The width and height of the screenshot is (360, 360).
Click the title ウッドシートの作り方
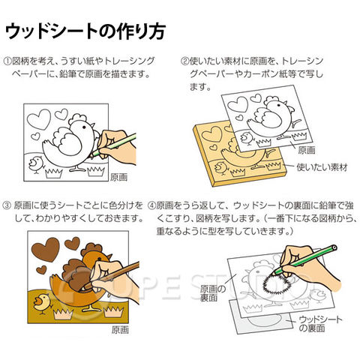pyautogui.click(x=85, y=31)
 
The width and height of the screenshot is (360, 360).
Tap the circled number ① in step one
pyautogui.click(x=7, y=61)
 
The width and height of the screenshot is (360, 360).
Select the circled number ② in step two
pyautogui.click(x=184, y=61)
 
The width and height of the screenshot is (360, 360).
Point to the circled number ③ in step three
pyautogui.click(x=7, y=205)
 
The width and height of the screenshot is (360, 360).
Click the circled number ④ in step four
pyautogui.click(x=151, y=205)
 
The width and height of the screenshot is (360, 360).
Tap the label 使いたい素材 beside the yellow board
pyautogui.click(x=322, y=167)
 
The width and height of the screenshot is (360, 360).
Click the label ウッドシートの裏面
pyautogui.click(x=320, y=323)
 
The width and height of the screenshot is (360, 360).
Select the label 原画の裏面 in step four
pyautogui.click(x=213, y=293)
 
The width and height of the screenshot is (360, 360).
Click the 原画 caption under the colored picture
pyautogui.click(x=120, y=330)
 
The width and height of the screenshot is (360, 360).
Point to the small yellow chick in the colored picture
pyautogui.click(x=43, y=303)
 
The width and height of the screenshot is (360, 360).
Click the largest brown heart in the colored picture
pyautogui.click(x=46, y=249)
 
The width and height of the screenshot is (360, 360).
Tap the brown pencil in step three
pyautogui.click(x=112, y=275)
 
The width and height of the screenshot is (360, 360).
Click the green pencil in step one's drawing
pyautogui.click(x=114, y=145)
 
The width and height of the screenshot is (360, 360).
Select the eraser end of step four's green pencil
pyautogui.click(x=334, y=248)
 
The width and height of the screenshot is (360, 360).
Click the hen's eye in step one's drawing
pyautogui.click(x=84, y=127)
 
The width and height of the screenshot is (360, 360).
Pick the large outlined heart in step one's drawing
pyautogui.click(x=39, y=119)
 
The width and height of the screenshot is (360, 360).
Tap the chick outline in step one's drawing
pyautogui.click(x=37, y=165)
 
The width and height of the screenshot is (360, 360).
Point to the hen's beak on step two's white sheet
pyautogui.click(x=292, y=109)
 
